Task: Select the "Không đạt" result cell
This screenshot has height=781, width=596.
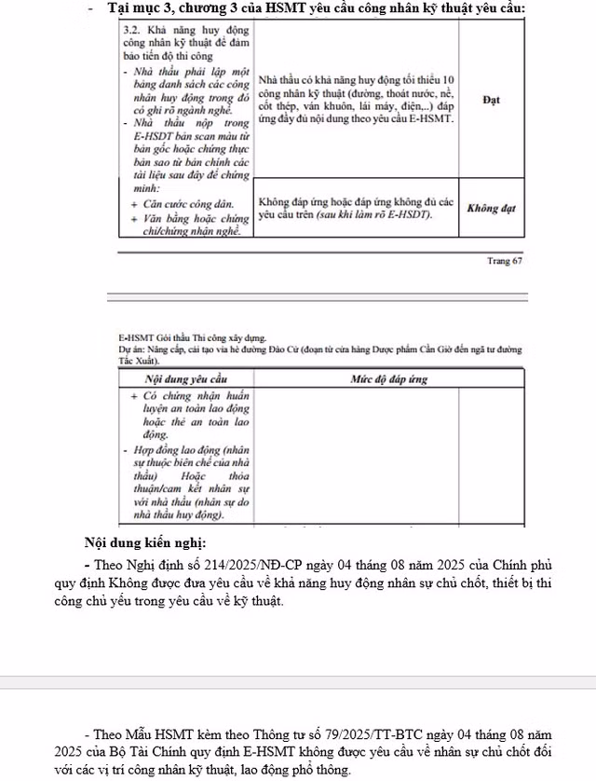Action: tap(491, 208)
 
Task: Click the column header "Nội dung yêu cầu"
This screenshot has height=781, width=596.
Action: tap(186, 379)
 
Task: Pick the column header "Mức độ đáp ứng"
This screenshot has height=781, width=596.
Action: tap(389, 379)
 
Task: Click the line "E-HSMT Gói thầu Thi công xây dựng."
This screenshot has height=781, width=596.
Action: tap(192, 338)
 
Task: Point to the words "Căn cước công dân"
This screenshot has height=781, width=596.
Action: tap(183, 201)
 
